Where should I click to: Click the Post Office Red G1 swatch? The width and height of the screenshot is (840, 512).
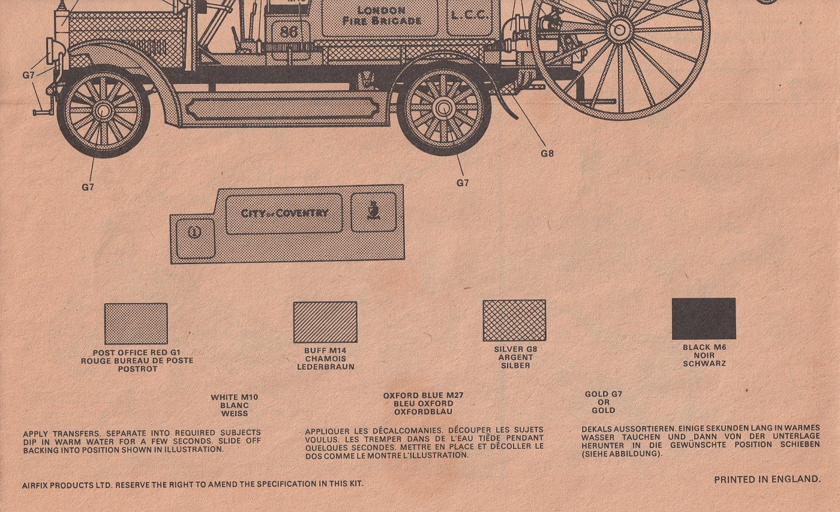click(x=136, y=324)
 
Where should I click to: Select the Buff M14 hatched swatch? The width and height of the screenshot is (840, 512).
click(x=325, y=322)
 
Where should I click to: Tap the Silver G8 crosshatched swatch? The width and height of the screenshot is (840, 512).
click(x=514, y=321)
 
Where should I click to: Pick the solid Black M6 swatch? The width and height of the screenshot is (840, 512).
click(x=703, y=319)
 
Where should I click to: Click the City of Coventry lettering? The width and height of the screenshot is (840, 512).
click(x=284, y=213)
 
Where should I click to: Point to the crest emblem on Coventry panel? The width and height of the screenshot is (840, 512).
click(x=373, y=211)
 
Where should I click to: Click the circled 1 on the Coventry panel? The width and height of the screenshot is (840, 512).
click(x=194, y=231)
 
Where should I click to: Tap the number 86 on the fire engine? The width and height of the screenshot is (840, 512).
click(x=289, y=32)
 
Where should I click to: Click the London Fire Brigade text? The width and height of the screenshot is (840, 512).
click(x=381, y=16)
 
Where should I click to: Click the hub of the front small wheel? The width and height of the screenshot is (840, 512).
click(x=103, y=111)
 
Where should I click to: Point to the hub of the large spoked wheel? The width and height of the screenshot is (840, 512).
click(x=619, y=29)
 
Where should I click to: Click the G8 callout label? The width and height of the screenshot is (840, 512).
click(x=547, y=154)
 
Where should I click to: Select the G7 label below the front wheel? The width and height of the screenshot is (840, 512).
click(x=88, y=187)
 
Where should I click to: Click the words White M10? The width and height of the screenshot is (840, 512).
click(x=234, y=397)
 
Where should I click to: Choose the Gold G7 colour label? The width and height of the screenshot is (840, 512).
click(x=603, y=394)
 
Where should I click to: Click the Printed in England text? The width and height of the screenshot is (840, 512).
click(x=767, y=479)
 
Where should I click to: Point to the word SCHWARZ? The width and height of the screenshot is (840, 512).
click(x=704, y=364)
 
